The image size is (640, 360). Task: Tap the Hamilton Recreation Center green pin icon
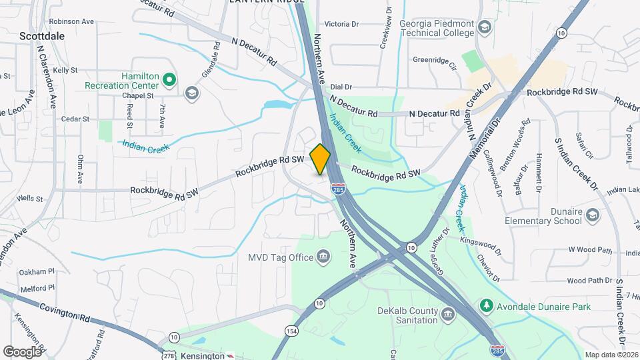[x=169, y=79]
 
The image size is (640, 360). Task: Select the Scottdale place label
[x=42, y=36]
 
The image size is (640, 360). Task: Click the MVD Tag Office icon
[x=323, y=257]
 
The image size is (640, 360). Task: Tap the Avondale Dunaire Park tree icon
[x=487, y=306]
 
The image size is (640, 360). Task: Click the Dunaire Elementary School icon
[x=593, y=215]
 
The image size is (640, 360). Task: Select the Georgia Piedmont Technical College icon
[x=485, y=27]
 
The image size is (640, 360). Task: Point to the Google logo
[x=22, y=351]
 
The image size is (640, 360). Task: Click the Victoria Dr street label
[x=341, y=24]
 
